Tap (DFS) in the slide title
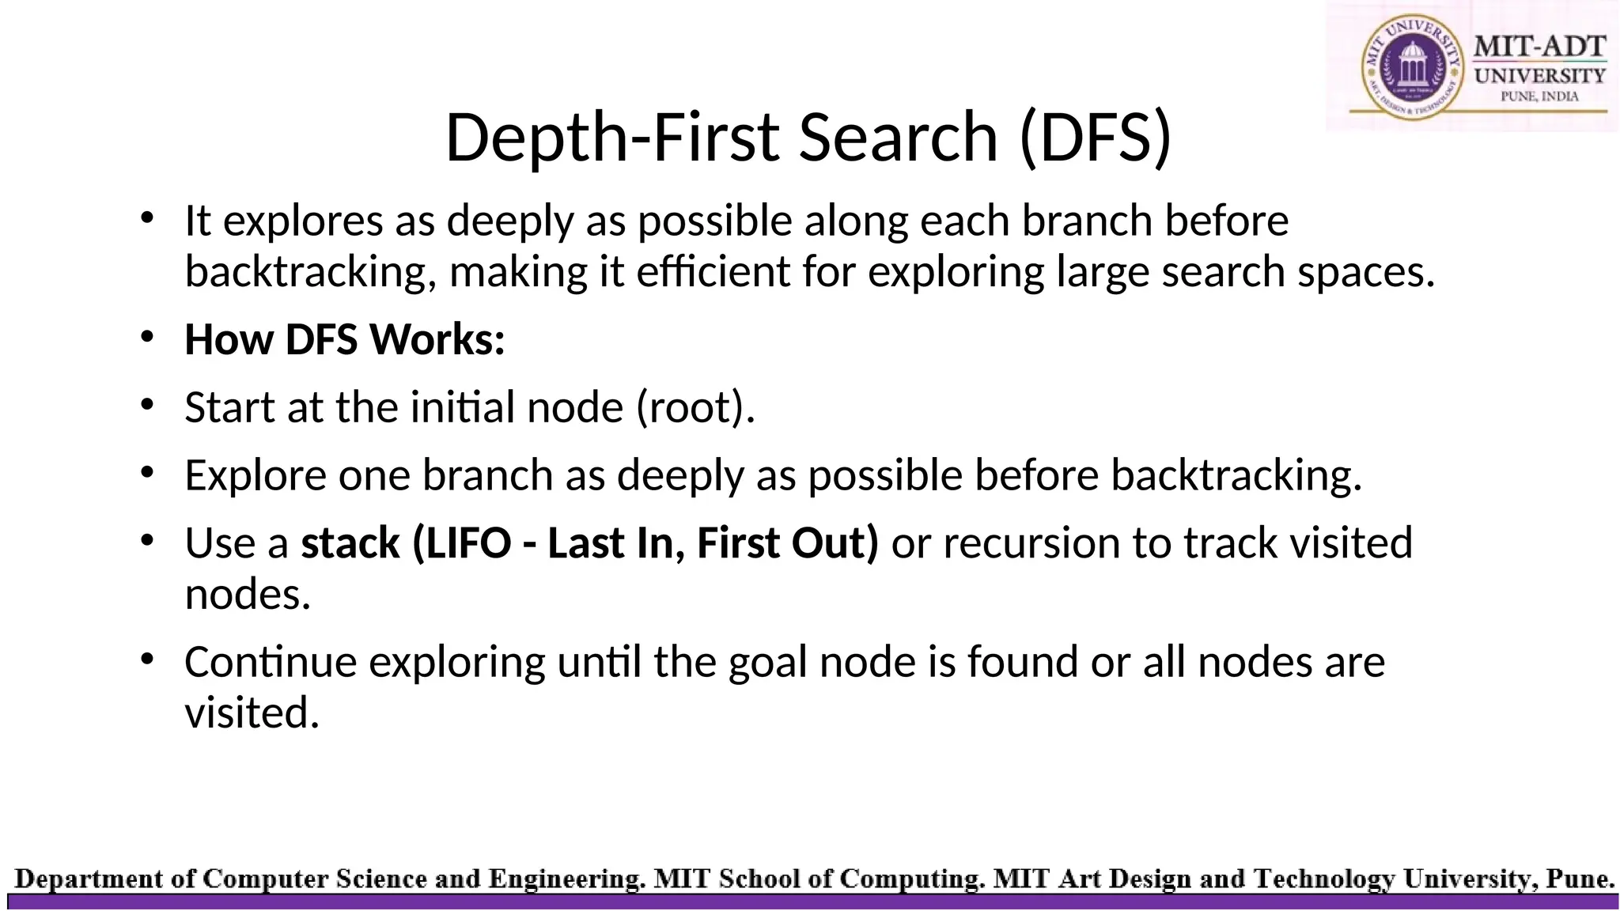[x=1095, y=138]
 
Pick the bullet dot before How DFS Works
[x=146, y=337]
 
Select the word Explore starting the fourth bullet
[x=255, y=475]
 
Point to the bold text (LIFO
[x=461, y=543]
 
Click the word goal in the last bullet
[x=767, y=663]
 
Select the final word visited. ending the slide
[x=252, y=713]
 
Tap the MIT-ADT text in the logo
[x=1539, y=47]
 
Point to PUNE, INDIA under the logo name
[x=1539, y=96]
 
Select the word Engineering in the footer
[x=565, y=879]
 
